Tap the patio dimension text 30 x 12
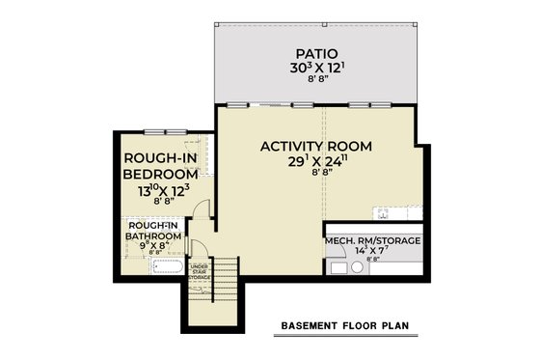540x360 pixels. click(x=315, y=69)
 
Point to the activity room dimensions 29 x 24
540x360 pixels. click(x=315, y=161)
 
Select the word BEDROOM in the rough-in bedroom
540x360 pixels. click(x=161, y=174)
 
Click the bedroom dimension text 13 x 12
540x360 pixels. click(x=161, y=191)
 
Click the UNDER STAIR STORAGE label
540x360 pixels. click(x=200, y=271)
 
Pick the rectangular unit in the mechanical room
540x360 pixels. click(x=337, y=267)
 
